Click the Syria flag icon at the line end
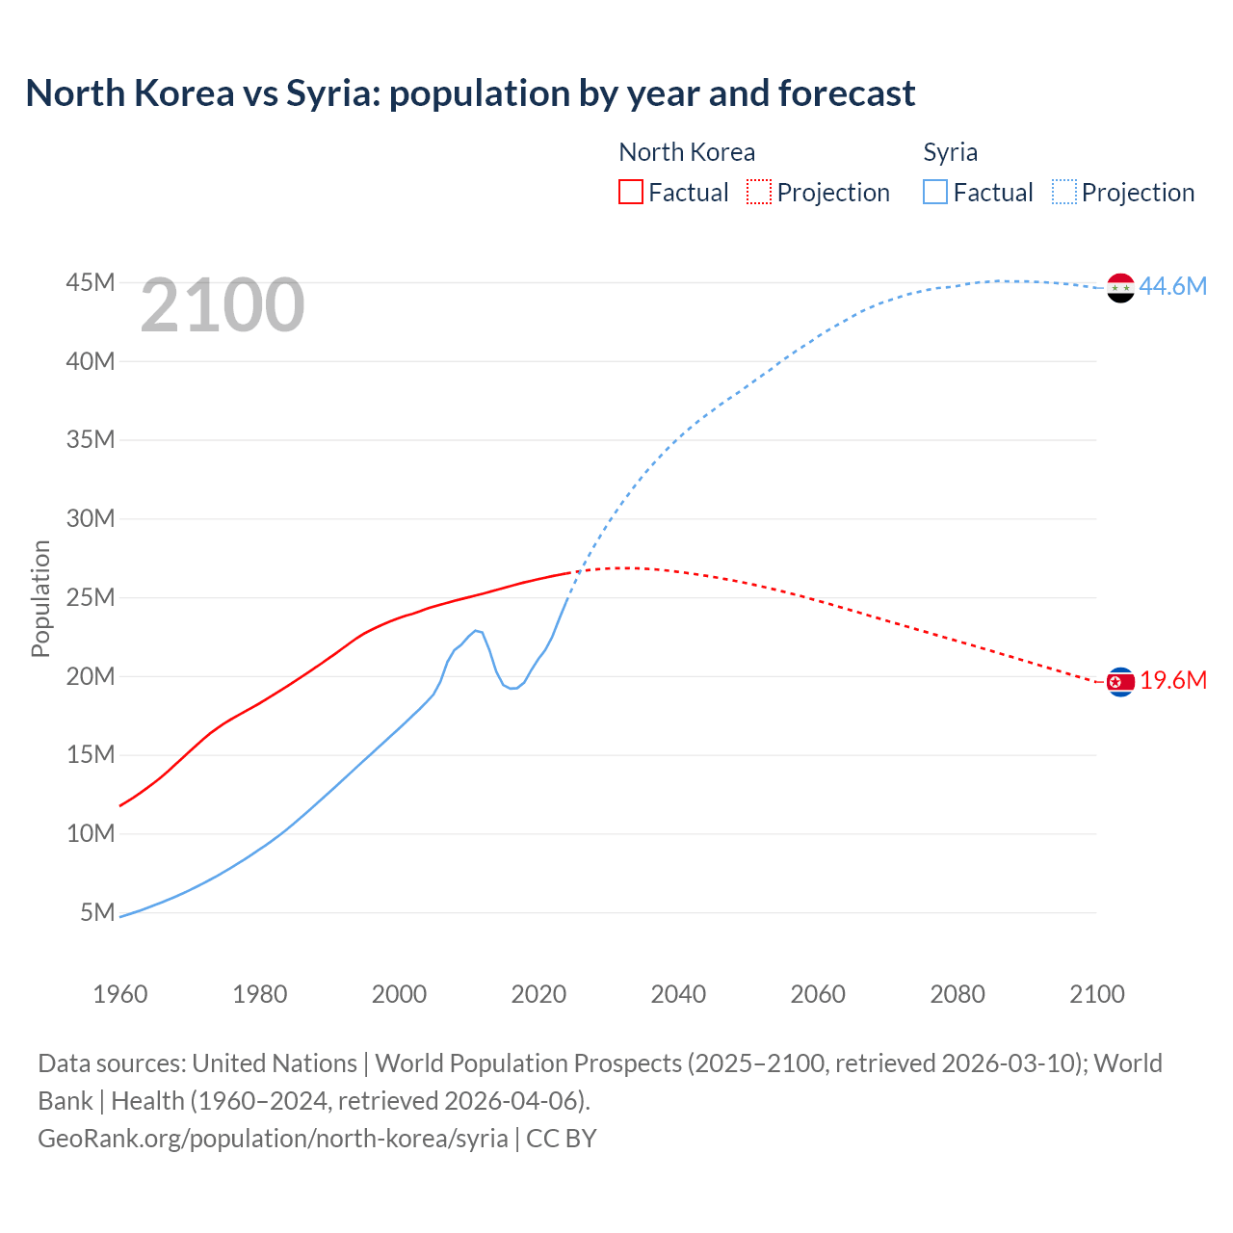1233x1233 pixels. click(x=1120, y=287)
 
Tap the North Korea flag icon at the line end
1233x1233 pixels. click(x=1120, y=682)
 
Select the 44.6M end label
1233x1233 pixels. click(x=1172, y=286)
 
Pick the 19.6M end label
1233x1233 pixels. click(x=1173, y=680)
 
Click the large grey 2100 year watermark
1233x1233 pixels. click(x=223, y=305)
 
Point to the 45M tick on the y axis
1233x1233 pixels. click(x=91, y=282)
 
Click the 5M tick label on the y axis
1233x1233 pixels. click(x=97, y=911)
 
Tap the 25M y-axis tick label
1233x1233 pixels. click(x=91, y=597)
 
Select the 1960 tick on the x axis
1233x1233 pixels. click(x=120, y=994)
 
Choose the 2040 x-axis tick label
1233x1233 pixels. click(x=678, y=994)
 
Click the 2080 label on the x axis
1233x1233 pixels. click(x=958, y=994)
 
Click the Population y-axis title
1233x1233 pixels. click(x=40, y=598)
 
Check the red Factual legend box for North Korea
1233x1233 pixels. click(x=630, y=192)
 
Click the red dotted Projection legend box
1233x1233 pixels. click(x=759, y=192)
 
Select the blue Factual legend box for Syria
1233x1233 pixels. click(x=934, y=192)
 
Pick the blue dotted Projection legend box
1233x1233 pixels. click(x=1064, y=192)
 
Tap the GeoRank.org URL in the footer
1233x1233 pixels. click(x=273, y=1138)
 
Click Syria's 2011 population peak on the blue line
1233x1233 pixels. click(x=475, y=630)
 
